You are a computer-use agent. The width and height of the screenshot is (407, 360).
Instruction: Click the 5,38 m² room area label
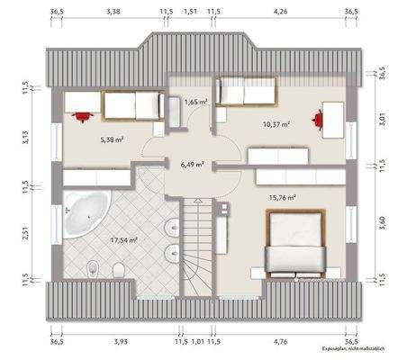113,141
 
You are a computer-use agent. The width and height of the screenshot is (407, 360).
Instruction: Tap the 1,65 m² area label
196,103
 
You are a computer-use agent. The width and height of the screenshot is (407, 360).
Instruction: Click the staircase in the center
196,243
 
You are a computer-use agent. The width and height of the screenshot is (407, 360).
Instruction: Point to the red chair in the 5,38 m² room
84,114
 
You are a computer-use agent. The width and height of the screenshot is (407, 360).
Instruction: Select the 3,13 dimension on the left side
25,137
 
